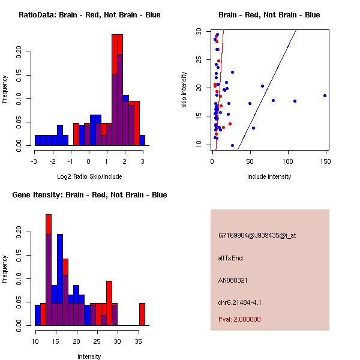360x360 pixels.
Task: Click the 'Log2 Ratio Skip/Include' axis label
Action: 88,176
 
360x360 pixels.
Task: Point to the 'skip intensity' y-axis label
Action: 184,90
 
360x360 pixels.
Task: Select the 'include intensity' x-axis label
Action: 269,176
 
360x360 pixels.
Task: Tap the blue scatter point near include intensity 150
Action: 325,95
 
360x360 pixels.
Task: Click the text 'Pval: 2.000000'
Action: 239,319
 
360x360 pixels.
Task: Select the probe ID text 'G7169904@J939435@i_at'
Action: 257,235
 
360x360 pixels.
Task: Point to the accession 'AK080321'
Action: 233,280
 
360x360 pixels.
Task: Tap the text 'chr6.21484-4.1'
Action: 239,302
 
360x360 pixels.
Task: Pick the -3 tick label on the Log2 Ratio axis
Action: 35,161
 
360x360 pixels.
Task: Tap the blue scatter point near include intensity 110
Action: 295,101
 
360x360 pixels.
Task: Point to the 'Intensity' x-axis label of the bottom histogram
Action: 89,356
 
